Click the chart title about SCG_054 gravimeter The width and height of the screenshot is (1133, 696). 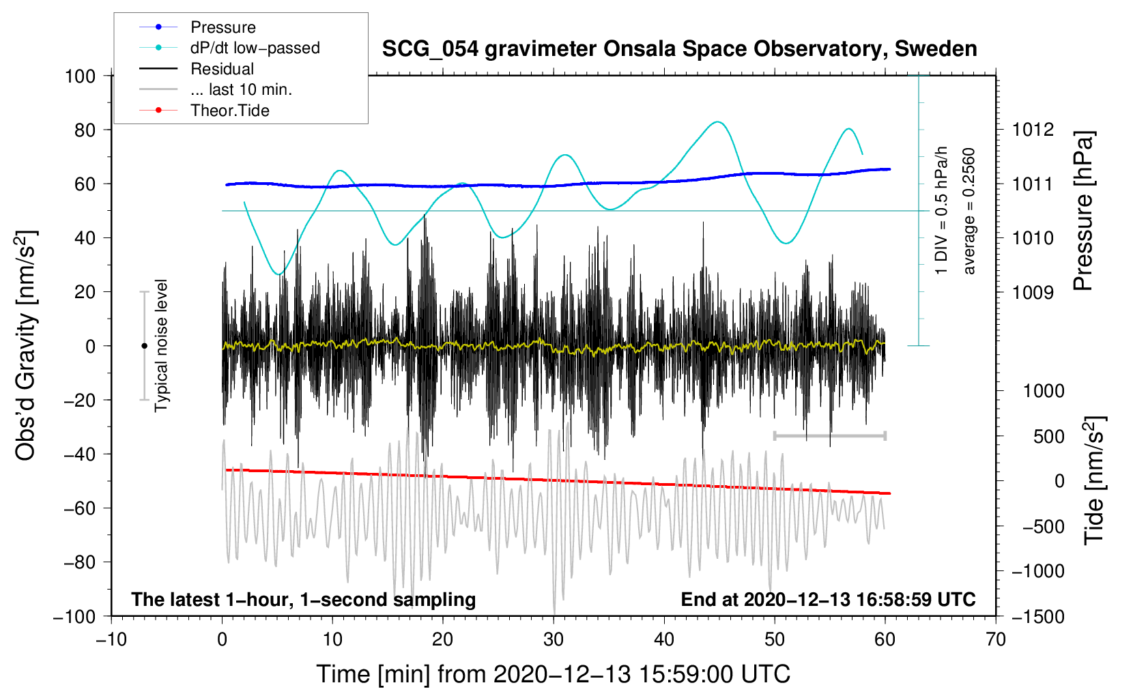point(679,49)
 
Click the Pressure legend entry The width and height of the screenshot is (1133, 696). point(223,27)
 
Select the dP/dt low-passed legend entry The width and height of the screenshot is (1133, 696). point(255,48)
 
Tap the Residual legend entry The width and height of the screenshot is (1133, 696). point(222,69)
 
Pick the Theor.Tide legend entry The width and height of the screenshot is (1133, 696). point(229,111)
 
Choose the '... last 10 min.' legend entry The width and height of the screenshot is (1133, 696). point(241,89)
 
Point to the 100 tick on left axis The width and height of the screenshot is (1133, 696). point(80,76)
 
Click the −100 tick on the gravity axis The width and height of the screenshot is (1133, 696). point(74,616)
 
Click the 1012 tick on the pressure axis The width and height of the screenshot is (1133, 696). point(1033,130)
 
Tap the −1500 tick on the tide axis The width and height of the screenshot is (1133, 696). point(1037,616)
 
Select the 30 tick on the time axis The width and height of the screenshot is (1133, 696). point(554,639)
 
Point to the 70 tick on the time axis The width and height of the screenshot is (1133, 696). point(996,639)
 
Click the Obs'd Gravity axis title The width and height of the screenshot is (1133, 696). point(26,345)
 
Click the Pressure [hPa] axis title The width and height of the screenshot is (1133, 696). point(1083,212)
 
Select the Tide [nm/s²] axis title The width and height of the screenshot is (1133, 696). point(1094,480)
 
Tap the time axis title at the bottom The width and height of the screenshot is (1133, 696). point(553,674)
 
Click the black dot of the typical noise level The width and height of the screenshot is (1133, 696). point(144,346)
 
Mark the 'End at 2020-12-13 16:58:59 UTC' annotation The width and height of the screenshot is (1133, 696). point(828,600)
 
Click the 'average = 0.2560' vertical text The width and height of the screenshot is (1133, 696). point(969,212)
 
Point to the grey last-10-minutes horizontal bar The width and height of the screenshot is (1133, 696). point(829,435)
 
